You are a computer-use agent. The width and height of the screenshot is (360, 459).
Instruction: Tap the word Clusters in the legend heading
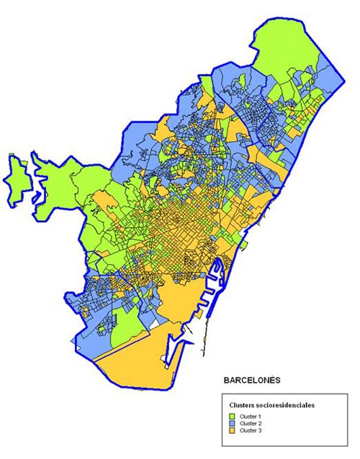coord(241,405)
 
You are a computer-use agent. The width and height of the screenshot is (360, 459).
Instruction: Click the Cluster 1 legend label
coord(251,416)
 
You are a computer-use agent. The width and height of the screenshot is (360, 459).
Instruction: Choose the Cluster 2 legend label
coord(251,423)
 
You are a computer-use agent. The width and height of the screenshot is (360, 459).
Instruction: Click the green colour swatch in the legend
coord(233,416)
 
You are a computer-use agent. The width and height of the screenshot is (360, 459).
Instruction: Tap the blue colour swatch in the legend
coord(233,423)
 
